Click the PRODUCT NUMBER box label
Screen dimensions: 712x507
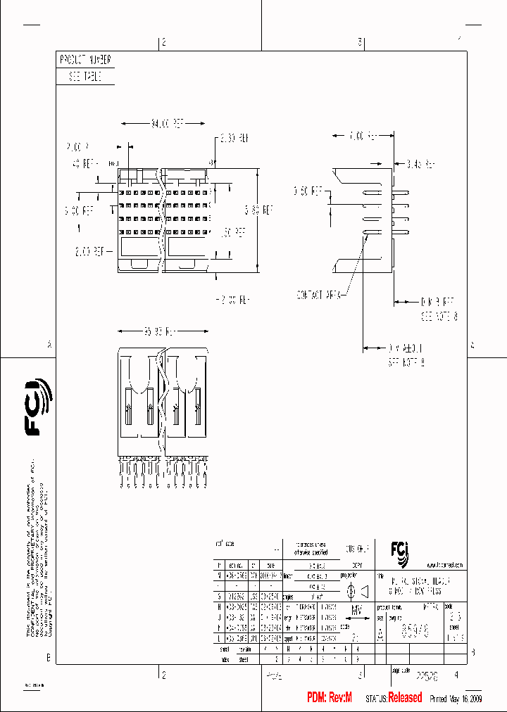pyautogui.click(x=84, y=61)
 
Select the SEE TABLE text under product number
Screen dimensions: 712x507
pyautogui.click(x=84, y=77)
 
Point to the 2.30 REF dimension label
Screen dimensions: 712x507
pyautogui.click(x=234, y=138)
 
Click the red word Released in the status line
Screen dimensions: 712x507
pyautogui.click(x=405, y=698)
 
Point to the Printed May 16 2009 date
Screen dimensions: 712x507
pyautogui.click(x=455, y=699)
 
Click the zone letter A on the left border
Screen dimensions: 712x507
pyautogui.click(x=49, y=345)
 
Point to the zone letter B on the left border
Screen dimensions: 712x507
pyautogui.click(x=49, y=658)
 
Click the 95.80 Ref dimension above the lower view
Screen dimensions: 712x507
pyautogui.click(x=163, y=330)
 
